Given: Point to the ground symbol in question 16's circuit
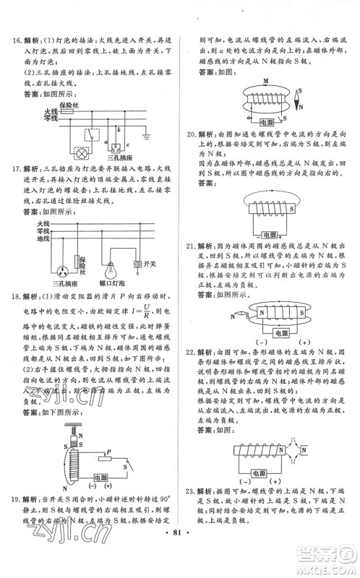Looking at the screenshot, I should [126, 134].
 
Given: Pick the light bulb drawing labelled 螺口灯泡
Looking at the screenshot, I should [111, 270].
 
